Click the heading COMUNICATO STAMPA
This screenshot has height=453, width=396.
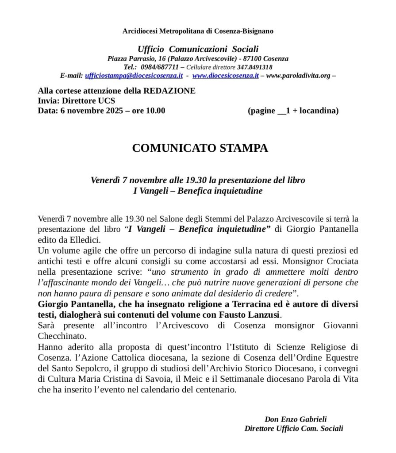[200, 148]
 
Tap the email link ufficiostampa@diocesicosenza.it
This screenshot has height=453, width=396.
[134, 76]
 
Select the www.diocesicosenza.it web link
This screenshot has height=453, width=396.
[225, 76]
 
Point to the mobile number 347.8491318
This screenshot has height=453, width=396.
[254, 67]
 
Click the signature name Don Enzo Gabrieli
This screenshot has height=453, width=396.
[296, 419]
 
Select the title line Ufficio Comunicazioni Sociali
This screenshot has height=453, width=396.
[198, 49]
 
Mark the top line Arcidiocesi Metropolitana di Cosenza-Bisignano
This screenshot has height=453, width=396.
[198, 31]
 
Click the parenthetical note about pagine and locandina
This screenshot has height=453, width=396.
[293, 111]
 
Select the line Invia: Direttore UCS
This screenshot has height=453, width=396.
[77, 100]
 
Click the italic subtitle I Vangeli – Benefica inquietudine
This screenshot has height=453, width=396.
[198, 191]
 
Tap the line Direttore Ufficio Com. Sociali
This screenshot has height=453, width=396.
[293, 428]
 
